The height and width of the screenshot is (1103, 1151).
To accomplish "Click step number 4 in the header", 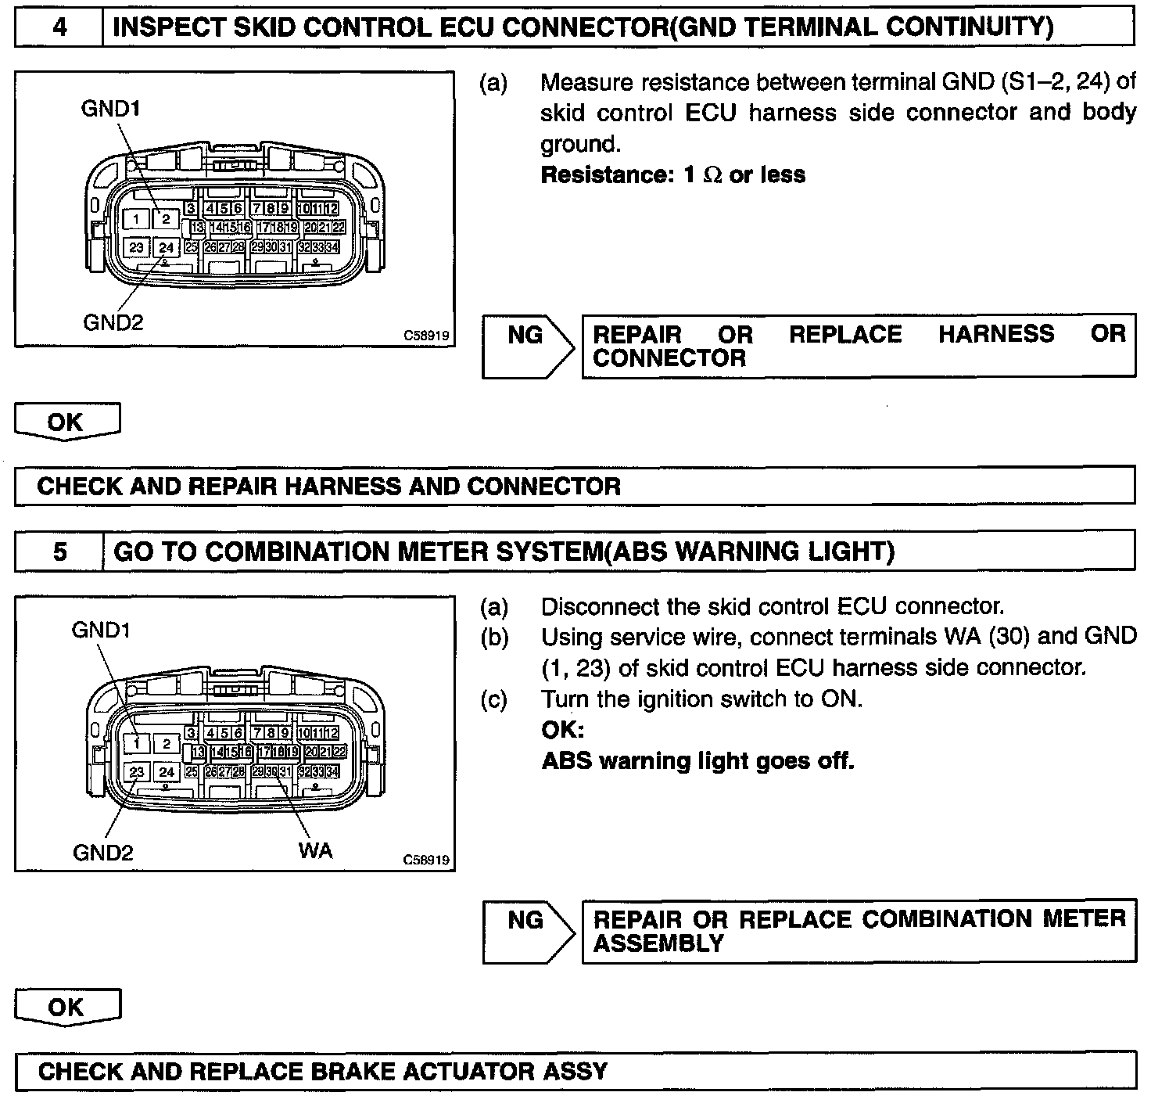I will click(59, 28).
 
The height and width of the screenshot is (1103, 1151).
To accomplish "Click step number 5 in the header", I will click(59, 552).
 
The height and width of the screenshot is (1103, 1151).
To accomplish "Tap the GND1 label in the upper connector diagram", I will click(111, 109).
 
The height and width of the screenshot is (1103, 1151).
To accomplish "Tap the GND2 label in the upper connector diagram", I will click(113, 322).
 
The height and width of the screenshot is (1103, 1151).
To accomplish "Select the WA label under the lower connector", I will click(315, 850).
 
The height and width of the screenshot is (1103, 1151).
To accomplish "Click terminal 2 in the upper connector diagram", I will click(166, 220).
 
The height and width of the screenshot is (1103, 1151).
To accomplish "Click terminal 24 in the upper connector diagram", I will click(166, 248).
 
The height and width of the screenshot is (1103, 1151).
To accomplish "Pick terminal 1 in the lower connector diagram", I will click(137, 744).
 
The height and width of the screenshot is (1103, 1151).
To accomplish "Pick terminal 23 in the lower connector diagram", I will click(137, 772).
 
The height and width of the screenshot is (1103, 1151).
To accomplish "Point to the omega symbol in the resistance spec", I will click(712, 175).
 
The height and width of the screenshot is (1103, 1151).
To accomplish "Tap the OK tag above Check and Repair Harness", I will click(66, 422).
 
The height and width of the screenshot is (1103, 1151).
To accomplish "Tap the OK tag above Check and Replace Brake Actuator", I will click(66, 1007).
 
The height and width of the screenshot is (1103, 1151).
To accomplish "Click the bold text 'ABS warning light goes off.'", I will click(697, 760).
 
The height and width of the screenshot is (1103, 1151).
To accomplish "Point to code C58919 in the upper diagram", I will click(426, 336).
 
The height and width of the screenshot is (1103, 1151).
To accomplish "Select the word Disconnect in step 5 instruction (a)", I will click(604, 607).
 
